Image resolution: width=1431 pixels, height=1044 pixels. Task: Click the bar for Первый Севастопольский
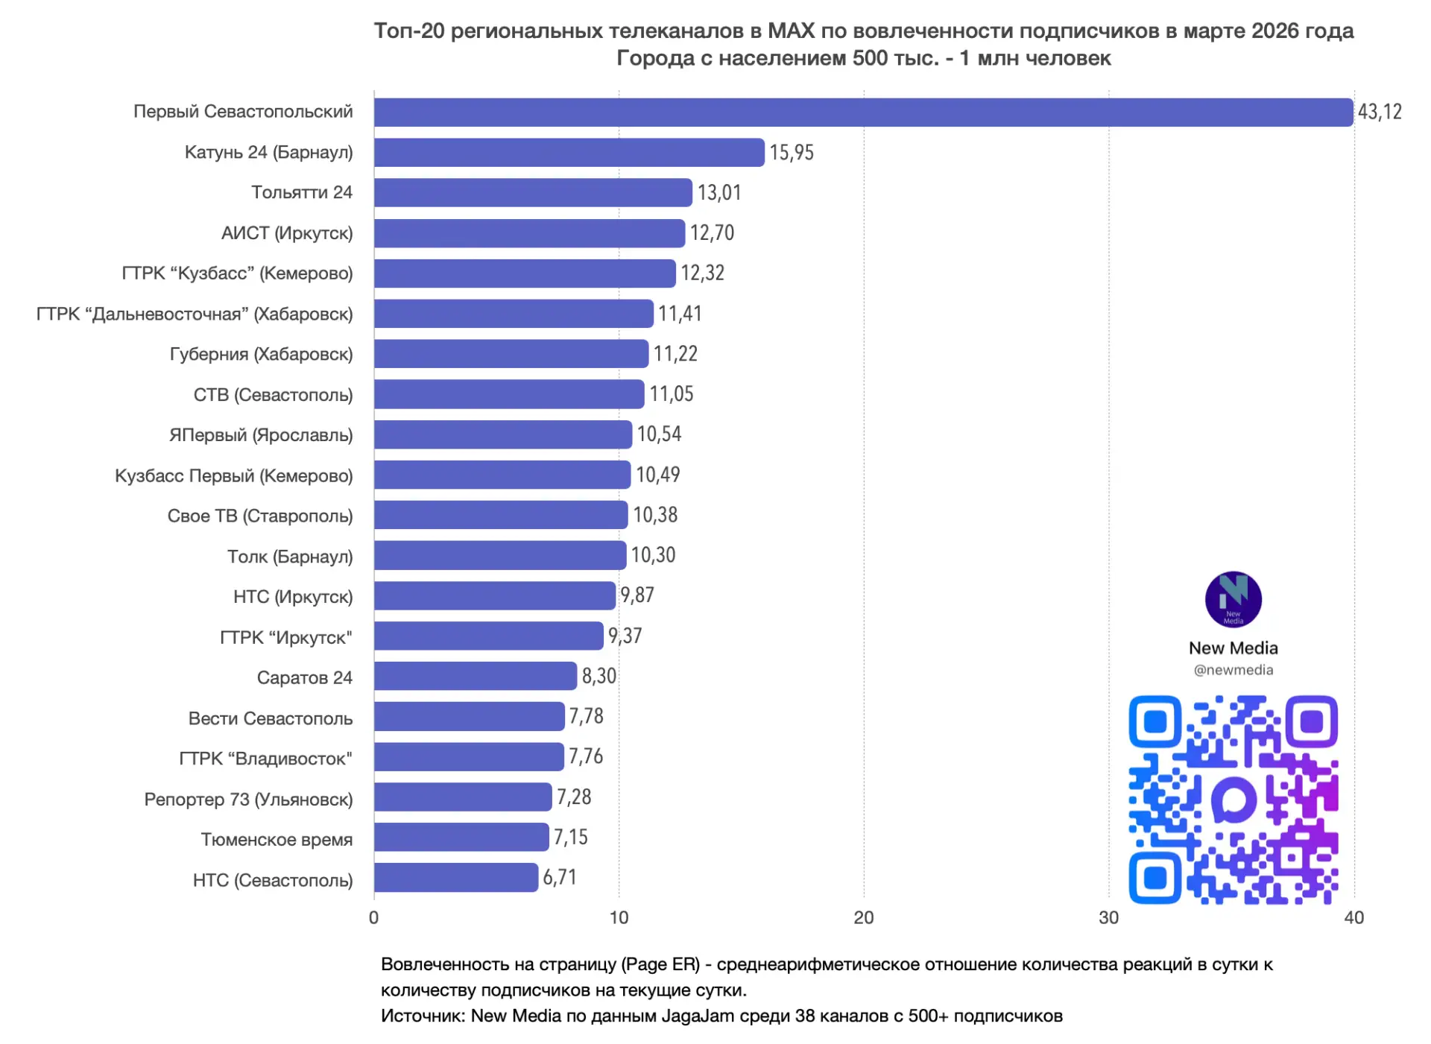pyautogui.click(x=862, y=113)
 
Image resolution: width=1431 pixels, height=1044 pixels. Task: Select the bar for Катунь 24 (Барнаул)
pyautogui.click(x=569, y=153)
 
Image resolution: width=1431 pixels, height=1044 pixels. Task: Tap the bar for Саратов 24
pyautogui.click(x=475, y=677)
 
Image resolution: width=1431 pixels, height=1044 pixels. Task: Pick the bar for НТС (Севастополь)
pyautogui.click(x=455, y=878)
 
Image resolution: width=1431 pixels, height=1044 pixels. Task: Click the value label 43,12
pyautogui.click(x=1379, y=113)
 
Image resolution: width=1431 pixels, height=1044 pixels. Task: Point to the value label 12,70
pyautogui.click(x=712, y=233)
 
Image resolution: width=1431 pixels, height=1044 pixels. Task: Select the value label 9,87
pyautogui.click(x=637, y=595)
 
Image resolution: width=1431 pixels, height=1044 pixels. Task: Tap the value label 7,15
pyautogui.click(x=570, y=838)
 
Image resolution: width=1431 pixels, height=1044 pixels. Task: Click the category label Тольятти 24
pyautogui.click(x=301, y=192)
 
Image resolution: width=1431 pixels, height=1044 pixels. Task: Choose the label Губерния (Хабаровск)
pyautogui.click(x=261, y=354)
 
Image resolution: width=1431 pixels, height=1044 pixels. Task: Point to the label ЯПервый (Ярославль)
pyautogui.click(x=261, y=435)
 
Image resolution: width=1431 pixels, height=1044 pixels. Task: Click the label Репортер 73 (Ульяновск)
pyautogui.click(x=248, y=800)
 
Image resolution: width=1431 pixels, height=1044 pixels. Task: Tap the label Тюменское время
pyautogui.click(x=277, y=840)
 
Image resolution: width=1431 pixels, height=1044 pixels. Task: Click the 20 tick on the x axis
pyautogui.click(x=863, y=918)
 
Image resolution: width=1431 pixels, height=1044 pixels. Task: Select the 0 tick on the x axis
pyautogui.click(x=374, y=918)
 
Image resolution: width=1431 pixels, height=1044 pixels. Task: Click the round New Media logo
pyautogui.click(x=1233, y=600)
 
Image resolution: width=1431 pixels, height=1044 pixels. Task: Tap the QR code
pyautogui.click(x=1233, y=800)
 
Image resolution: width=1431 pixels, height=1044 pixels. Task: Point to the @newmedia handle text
pyautogui.click(x=1233, y=670)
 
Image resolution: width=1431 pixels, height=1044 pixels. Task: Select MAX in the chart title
pyautogui.click(x=791, y=31)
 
